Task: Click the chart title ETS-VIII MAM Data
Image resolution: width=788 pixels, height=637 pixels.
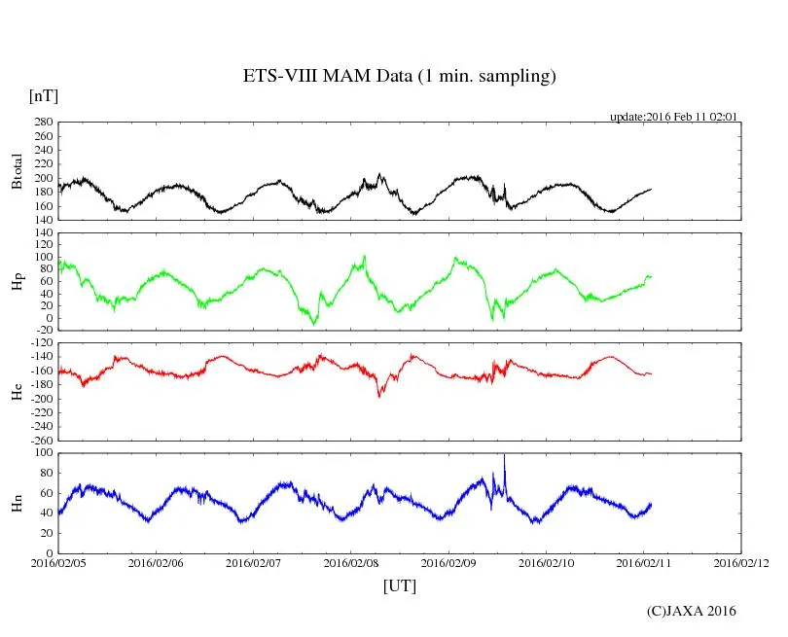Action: click(399, 77)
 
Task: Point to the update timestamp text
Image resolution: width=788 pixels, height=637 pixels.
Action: click(673, 117)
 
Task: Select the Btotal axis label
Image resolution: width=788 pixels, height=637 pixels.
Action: click(18, 171)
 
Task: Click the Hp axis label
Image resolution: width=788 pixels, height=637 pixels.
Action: click(18, 281)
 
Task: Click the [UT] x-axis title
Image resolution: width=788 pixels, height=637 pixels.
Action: click(399, 585)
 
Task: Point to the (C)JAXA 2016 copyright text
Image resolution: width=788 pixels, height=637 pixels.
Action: click(691, 611)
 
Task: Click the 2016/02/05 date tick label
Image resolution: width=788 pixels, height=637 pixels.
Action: click(58, 563)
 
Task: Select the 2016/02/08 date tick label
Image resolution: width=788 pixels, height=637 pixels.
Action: click(351, 563)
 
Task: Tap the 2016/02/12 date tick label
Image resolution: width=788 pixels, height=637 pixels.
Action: click(740, 563)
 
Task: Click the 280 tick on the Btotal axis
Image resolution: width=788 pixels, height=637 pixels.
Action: click(42, 123)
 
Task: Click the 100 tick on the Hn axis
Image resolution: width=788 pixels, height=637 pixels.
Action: click(42, 452)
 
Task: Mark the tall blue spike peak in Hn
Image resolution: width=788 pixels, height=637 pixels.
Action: click(504, 455)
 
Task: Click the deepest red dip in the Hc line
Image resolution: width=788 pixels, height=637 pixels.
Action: click(379, 395)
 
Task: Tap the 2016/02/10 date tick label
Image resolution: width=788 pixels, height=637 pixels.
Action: click(546, 563)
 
